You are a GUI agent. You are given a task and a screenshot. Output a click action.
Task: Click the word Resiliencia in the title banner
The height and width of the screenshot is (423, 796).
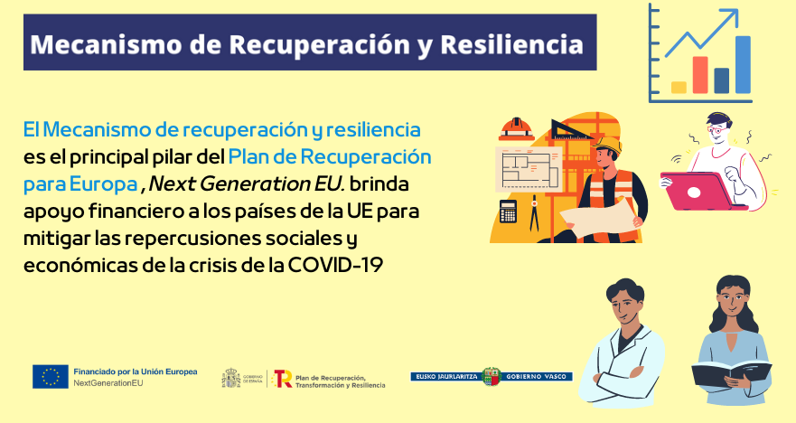point(511,44)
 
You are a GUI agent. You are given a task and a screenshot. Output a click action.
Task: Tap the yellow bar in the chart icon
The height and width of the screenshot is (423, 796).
point(679,88)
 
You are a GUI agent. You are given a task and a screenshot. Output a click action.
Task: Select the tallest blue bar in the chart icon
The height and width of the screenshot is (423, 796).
point(743,64)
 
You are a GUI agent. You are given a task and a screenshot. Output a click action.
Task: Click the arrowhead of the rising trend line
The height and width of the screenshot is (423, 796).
point(731,16)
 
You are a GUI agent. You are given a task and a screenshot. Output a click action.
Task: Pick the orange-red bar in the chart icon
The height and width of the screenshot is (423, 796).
point(700,75)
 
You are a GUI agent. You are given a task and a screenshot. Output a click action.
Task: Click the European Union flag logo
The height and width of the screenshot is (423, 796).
point(51,377)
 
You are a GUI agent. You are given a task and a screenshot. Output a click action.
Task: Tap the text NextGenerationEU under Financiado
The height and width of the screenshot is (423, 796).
point(108,383)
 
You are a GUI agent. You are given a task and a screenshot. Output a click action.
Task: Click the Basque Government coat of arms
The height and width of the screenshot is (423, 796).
point(492,376)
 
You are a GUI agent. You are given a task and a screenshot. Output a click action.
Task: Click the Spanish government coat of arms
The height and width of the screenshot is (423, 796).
point(231,379)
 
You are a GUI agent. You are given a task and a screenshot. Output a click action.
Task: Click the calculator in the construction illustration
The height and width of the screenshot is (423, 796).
point(508,211)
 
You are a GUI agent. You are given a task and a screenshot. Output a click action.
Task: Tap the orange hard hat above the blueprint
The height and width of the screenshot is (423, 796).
point(516,129)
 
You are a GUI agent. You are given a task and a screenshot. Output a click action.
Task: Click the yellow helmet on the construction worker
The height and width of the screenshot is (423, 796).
point(608,146)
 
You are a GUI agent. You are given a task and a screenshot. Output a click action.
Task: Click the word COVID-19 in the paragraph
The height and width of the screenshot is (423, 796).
point(335,265)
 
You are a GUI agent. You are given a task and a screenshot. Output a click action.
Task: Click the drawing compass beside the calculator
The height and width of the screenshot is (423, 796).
point(534,216)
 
